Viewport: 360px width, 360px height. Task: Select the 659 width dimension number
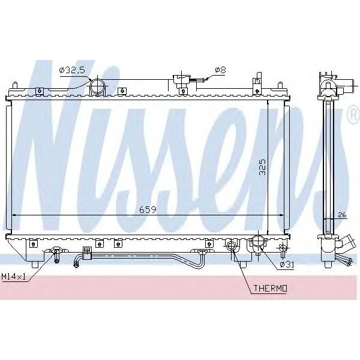[148, 210]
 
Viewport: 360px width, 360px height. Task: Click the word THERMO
[270, 289]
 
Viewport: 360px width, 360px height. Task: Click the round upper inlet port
[98, 88]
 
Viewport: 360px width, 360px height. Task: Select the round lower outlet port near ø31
[258, 244]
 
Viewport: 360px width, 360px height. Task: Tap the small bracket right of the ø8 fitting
[257, 80]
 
